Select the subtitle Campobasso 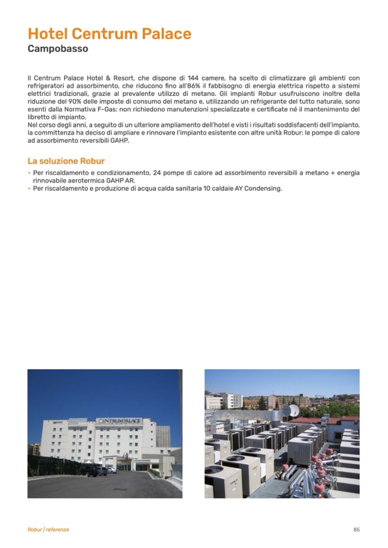[x=58, y=49]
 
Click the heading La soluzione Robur [x=66, y=161]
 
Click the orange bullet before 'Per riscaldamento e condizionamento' [x=29, y=173]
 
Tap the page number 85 [x=357, y=530]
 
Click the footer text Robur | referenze [x=48, y=530]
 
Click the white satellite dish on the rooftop [x=293, y=411]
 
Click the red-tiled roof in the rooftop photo [x=323, y=420]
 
